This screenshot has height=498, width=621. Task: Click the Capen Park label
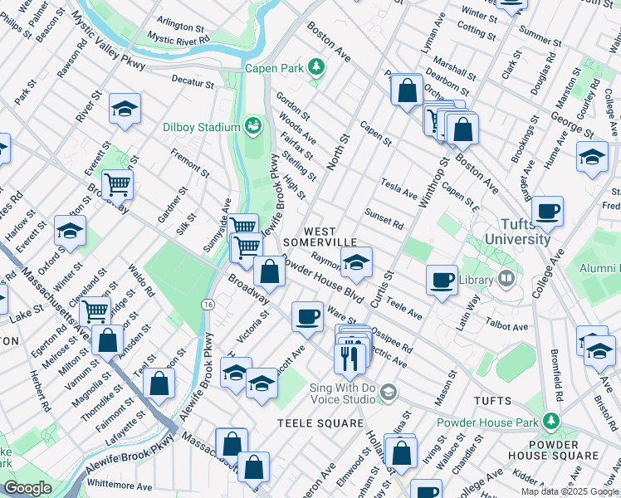point(273,67)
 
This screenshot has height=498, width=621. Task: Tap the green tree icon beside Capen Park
point(315,67)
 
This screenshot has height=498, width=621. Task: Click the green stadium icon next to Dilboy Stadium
point(252,127)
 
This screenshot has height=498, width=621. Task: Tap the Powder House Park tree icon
point(550,422)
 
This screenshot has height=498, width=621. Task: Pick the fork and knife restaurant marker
point(350,357)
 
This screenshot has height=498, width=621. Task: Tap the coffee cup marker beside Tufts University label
point(547,212)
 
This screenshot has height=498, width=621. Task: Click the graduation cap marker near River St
point(125,110)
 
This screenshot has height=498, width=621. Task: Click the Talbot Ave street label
point(508,327)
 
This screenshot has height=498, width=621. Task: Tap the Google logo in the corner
point(28,488)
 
